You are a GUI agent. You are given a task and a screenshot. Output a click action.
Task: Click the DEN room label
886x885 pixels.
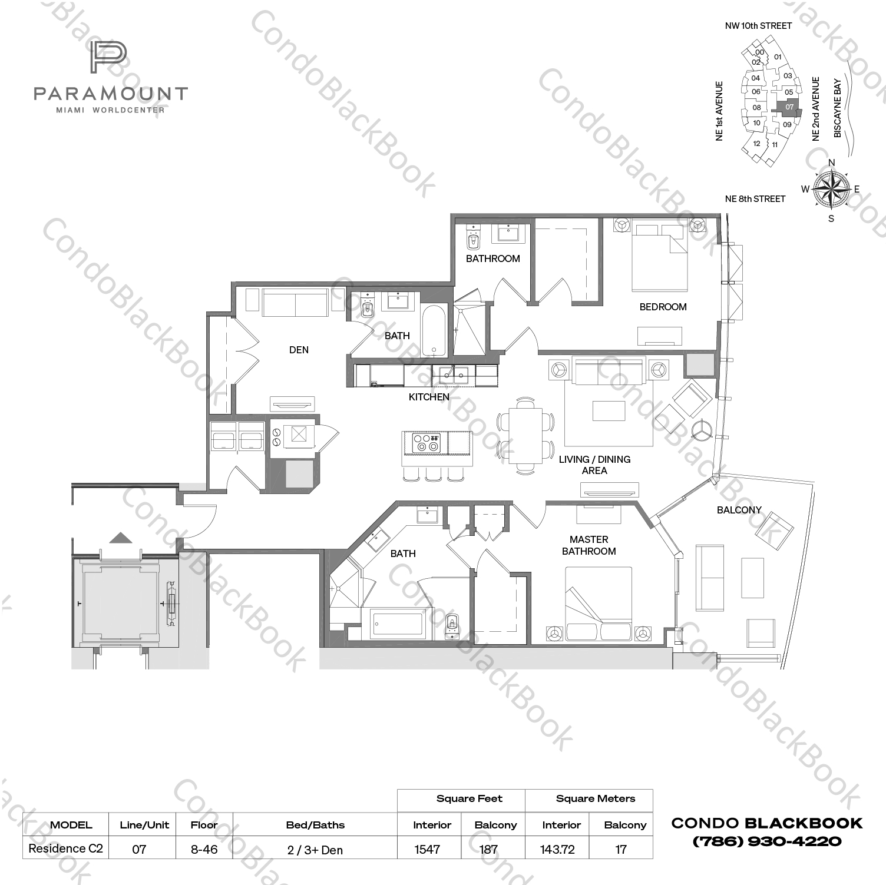(x=299, y=350)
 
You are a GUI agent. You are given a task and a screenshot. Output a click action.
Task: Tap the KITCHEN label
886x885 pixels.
(x=429, y=397)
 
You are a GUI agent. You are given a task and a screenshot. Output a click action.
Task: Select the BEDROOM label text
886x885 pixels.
(x=663, y=307)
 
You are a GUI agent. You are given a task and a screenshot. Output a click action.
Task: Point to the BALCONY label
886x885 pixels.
(x=739, y=510)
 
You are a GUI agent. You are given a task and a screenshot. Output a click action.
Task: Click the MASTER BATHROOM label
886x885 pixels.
(x=589, y=545)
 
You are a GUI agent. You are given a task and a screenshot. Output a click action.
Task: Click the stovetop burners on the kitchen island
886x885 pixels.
(x=425, y=443)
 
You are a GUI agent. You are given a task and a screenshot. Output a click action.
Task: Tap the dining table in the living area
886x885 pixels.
(x=525, y=436)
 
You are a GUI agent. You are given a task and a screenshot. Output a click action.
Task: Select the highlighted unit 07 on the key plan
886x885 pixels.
(x=789, y=107)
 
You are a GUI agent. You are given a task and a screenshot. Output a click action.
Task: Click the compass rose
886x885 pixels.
(x=831, y=189)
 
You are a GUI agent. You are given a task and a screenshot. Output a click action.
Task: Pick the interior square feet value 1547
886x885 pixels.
(x=427, y=849)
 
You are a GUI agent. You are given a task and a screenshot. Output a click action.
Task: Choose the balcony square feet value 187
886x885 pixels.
(x=488, y=849)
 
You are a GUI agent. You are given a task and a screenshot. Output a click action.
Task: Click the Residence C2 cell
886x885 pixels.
(x=65, y=848)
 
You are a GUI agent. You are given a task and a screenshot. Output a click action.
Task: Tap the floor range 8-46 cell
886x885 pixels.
(x=204, y=849)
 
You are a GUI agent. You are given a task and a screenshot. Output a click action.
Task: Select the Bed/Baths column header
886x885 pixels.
(x=315, y=825)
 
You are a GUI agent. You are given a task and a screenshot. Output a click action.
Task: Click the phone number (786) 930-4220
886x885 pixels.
(x=766, y=841)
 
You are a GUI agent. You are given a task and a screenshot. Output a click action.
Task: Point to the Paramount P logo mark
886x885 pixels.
(x=108, y=58)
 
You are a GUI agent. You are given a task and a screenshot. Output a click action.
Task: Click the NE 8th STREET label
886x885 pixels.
(x=755, y=199)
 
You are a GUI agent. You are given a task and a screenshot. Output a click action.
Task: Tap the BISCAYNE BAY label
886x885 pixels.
(x=837, y=108)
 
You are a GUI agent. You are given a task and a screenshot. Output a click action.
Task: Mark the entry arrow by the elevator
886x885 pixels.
(x=121, y=538)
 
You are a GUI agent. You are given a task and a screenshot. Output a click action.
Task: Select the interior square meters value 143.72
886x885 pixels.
(x=557, y=849)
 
